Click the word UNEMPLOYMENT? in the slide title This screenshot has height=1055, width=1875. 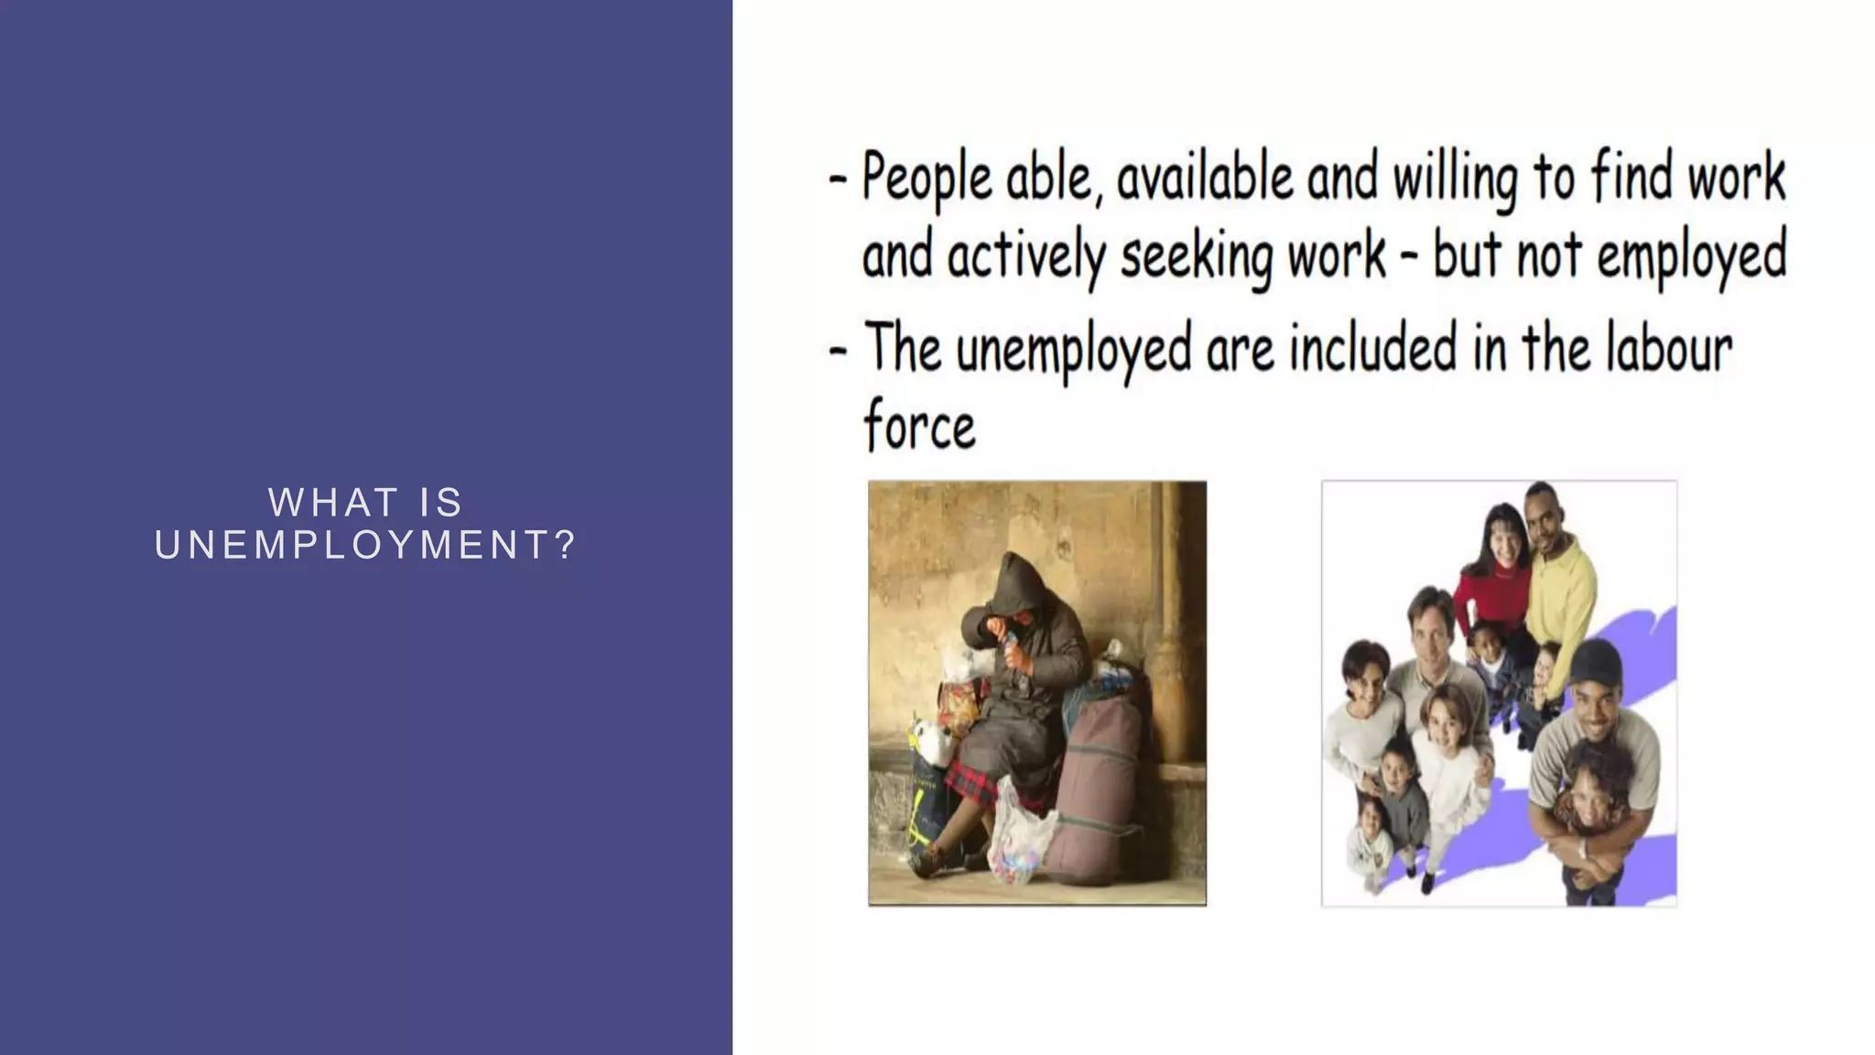[x=365, y=546]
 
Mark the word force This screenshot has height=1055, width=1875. [x=919, y=427]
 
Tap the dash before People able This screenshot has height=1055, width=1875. [x=837, y=178]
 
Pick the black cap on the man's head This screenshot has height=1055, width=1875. [x=1595, y=659]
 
